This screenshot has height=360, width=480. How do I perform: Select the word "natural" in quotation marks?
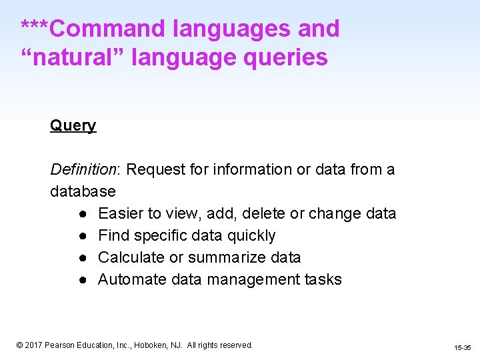73,57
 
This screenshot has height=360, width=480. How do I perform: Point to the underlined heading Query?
73,126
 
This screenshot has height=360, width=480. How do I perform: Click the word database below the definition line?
83,191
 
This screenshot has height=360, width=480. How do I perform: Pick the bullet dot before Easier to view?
79,214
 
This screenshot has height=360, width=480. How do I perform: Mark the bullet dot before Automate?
79,280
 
